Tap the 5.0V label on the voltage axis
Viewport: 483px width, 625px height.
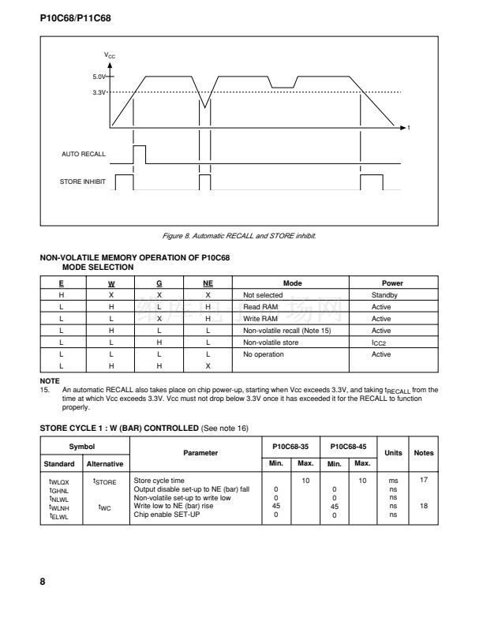tap(97, 77)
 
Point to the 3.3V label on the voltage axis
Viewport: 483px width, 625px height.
tap(97, 92)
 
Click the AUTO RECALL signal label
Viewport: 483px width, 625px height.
tap(83, 153)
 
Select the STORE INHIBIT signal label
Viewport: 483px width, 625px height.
tap(83, 182)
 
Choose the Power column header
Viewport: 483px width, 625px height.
tap(392, 283)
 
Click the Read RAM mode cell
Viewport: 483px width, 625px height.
tap(260, 306)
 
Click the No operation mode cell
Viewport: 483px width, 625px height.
tap(264, 354)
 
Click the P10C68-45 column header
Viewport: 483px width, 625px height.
tap(346, 446)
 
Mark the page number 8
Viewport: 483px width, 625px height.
tap(43, 582)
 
